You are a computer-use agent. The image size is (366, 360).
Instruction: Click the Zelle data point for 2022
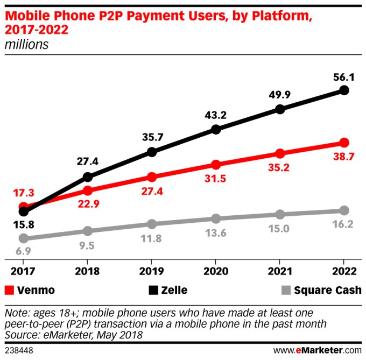[x=344, y=90]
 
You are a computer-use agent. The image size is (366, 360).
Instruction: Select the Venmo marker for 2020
[x=216, y=165]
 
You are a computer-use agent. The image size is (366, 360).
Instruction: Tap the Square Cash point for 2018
[x=88, y=231]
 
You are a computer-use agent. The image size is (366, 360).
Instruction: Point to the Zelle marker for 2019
[x=152, y=152]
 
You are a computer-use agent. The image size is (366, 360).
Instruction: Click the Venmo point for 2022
[x=344, y=143]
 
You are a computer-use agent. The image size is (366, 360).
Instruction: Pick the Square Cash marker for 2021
[x=280, y=214]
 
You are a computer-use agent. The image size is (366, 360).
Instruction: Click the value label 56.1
[x=343, y=76]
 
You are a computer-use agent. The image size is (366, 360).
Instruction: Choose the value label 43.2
[x=215, y=115]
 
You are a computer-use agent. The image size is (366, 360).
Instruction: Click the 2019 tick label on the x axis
[x=152, y=271]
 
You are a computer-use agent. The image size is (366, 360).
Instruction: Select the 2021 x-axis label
[x=280, y=271]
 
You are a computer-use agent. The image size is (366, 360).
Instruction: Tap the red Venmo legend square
[x=9, y=290]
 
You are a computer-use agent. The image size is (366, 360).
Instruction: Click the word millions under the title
[x=26, y=44]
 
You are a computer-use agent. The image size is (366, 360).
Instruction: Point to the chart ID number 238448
[x=18, y=349]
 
